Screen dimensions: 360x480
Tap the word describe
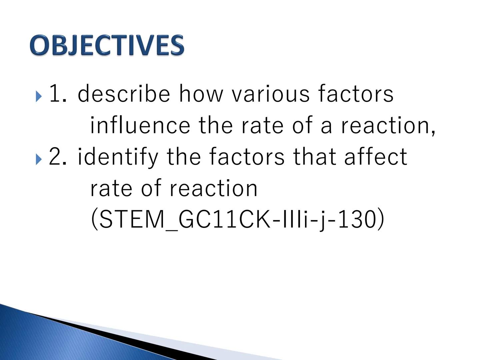[124, 94]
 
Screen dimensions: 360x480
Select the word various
[271, 94]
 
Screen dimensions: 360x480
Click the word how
[201, 94]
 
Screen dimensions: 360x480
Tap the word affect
[376, 157]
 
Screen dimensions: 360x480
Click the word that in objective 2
[315, 157]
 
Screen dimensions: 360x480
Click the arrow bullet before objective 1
[39, 97]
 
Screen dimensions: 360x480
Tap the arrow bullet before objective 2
[39, 160]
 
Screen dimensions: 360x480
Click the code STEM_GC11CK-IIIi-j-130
[237, 220]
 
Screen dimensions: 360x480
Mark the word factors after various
[356, 94]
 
